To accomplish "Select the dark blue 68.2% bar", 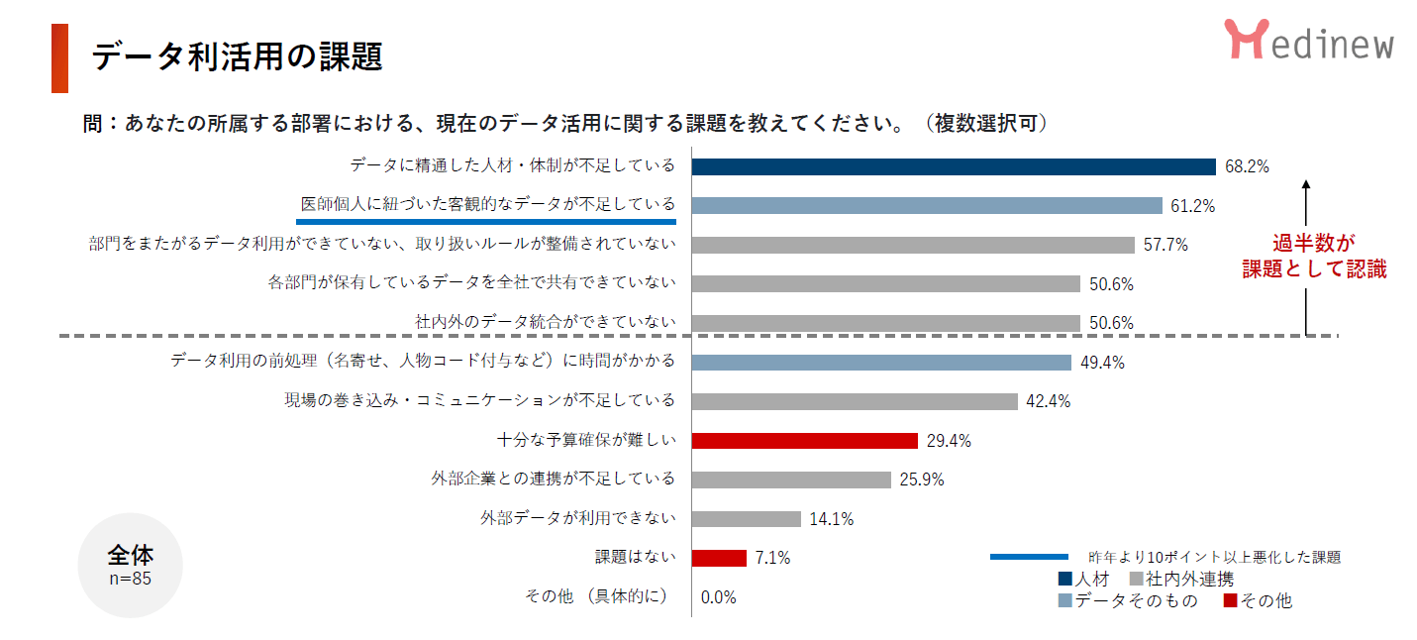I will click(953, 166).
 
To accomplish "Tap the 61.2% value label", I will click(1193, 206).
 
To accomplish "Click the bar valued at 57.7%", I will click(912, 245).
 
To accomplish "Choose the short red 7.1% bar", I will click(718, 558).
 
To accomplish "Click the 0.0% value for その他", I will click(718, 597).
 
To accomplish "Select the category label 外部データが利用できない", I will click(577, 518).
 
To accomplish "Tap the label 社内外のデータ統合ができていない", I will click(545, 322).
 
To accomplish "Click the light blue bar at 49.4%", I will click(881, 363).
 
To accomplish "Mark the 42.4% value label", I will click(1049, 401).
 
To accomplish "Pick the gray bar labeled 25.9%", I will click(791, 480).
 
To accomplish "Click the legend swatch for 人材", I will click(1065, 579).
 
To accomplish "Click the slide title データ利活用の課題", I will click(237, 57).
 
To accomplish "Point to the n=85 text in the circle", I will click(130, 579).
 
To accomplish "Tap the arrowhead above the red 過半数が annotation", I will click(1307, 184).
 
